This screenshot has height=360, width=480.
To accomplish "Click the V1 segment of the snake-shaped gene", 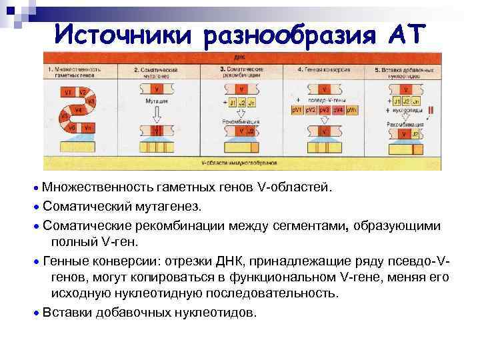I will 67,91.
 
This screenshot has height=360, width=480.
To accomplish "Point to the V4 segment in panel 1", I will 78,109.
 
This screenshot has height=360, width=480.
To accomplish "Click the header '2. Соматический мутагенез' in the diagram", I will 157,73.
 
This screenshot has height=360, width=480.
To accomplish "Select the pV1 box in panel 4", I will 297,109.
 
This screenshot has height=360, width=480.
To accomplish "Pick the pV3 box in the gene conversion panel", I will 324,109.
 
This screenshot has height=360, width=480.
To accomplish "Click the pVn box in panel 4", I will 353,109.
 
